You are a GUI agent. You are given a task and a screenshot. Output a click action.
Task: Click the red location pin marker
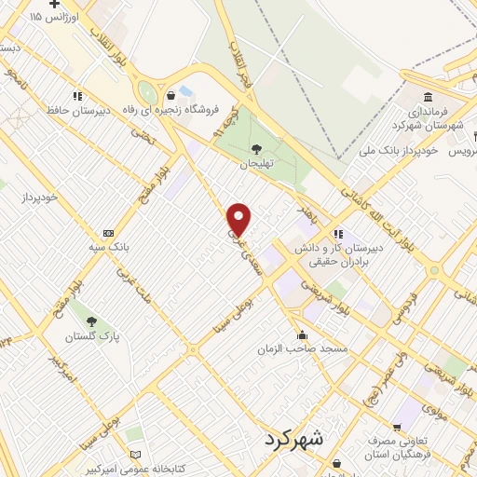pyautogui.click(x=239, y=220)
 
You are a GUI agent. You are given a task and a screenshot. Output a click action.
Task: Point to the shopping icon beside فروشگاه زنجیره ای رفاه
pyautogui.click(x=170, y=95)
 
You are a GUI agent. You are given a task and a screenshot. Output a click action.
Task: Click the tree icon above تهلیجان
pyautogui.click(x=256, y=149)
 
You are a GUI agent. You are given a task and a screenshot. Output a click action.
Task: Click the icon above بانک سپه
pyautogui.click(x=109, y=232)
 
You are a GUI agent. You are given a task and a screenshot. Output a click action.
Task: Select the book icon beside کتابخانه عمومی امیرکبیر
pyautogui.click(x=138, y=454)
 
